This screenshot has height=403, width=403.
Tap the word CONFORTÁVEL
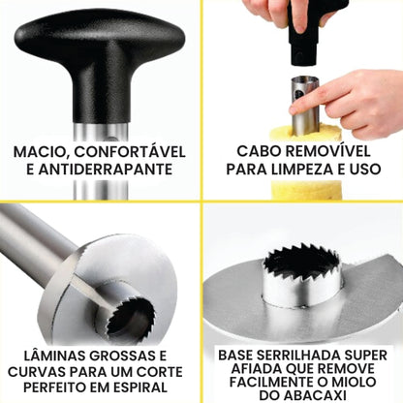(130, 151)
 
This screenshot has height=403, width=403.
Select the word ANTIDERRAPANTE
(105, 170)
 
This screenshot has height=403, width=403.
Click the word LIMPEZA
(298, 170)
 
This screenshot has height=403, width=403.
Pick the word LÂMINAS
(55, 356)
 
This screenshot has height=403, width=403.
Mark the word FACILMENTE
(272, 382)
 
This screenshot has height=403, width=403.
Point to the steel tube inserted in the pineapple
(305, 107)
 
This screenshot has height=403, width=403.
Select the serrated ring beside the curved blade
(130, 317)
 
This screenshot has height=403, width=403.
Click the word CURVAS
(37, 372)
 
